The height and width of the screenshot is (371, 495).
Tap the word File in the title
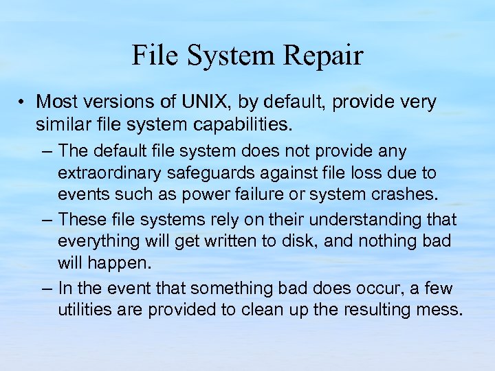(152, 56)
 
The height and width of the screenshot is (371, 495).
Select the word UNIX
(209, 102)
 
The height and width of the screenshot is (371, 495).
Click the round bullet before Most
(23, 103)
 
